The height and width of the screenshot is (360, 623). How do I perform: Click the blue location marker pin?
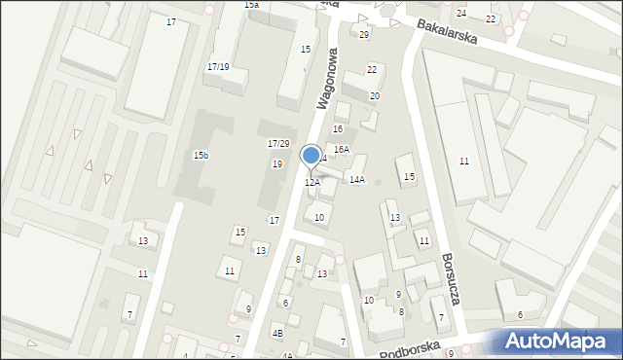pos(311,156)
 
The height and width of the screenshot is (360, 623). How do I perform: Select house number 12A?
pos(312,182)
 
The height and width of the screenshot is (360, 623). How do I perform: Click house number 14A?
pos(357,179)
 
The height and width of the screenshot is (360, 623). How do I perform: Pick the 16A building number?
pos(342,149)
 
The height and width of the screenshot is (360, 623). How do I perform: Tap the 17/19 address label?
pos(218,66)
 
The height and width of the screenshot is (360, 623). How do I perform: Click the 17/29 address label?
pos(278,143)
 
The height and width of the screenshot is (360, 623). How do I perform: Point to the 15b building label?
pos(201,156)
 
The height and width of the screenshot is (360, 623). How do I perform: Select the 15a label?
pos(251,5)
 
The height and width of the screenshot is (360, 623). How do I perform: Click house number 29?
pos(364,34)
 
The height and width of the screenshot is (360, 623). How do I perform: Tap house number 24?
pos(461,13)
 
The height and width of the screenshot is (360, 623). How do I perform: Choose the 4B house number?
pos(277,334)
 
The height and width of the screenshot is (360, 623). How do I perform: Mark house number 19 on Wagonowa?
pos(277,163)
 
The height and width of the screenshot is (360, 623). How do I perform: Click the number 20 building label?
pos(374,95)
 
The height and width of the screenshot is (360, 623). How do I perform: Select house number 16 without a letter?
pos(338,128)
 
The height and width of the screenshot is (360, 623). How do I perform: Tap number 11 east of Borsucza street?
pos(464,161)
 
